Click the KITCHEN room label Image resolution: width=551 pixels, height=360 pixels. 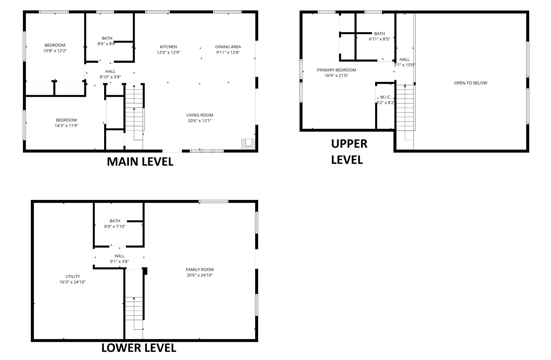point(168,47)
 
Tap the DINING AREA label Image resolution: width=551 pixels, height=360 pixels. point(228,47)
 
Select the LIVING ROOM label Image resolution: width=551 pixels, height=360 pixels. point(200,115)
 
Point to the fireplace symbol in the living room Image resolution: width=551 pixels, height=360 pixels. point(248,144)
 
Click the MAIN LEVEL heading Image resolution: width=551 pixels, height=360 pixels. point(140,162)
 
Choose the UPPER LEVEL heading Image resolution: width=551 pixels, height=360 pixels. point(349,152)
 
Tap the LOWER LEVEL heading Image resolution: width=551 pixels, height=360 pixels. point(139,348)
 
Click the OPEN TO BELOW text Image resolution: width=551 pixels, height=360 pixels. point(471,83)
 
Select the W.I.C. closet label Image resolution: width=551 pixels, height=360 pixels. point(386,97)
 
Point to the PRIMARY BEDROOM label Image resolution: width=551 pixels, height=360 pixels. point(336,70)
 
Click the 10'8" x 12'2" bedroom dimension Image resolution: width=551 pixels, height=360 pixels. point(55,51)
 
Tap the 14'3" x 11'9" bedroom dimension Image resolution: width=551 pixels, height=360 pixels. point(66,126)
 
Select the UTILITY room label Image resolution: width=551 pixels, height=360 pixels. point(73,277)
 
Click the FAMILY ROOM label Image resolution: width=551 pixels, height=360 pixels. point(200,270)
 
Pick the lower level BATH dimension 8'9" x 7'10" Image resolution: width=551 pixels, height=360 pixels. point(115,226)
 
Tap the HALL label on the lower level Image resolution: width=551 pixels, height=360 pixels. point(120,256)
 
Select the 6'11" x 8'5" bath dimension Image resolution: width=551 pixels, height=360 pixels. point(380,39)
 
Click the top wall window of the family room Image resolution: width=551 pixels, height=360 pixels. point(214,201)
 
